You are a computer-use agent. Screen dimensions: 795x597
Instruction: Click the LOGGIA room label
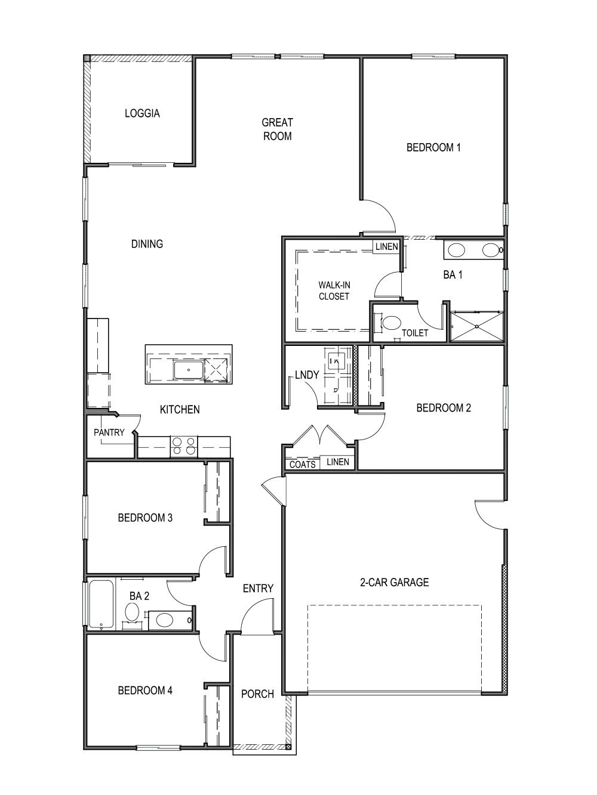pos(142,113)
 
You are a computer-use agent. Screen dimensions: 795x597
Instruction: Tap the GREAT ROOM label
pos(277,129)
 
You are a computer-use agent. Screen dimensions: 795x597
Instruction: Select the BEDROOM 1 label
pos(433,147)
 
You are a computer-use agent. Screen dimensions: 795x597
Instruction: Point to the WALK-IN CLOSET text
pos(333,290)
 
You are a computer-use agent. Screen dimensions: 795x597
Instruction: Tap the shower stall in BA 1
pos(476,326)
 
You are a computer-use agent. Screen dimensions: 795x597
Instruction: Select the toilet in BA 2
pos(132,612)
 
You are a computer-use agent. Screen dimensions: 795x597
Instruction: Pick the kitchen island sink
pos(189,370)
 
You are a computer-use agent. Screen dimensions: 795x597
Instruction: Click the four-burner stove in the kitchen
pos(184,446)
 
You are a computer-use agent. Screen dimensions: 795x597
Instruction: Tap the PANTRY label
pos(109,432)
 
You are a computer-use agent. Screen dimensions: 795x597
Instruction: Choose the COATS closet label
pos(302,464)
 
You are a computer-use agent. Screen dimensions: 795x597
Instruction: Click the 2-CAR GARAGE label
pos(394,582)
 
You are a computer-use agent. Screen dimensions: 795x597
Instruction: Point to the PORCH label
pos(257,694)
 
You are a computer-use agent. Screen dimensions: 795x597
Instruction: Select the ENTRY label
pos(258,588)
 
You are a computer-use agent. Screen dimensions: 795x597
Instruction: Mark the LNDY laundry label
pos(307,375)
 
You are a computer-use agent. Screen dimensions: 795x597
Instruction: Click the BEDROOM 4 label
pos(145,690)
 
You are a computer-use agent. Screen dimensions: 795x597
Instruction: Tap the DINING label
pos(147,243)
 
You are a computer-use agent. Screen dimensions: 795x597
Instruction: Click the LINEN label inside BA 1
pos(386,246)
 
